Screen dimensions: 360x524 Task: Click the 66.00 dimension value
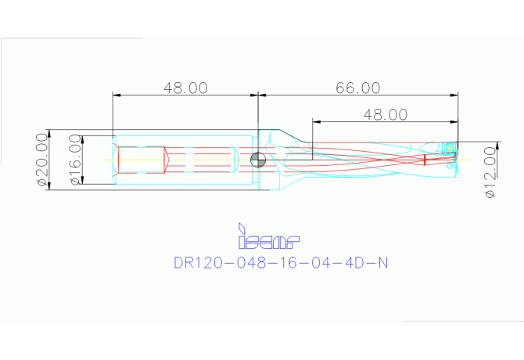pyautogui.click(x=358, y=88)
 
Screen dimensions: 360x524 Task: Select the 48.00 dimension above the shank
pyautogui.click(x=185, y=88)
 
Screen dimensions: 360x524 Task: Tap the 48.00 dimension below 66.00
pyautogui.click(x=385, y=114)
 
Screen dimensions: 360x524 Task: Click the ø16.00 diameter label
pyautogui.click(x=75, y=160)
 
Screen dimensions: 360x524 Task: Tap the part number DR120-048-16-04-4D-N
pyautogui.click(x=279, y=264)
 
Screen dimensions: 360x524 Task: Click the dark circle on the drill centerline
pyautogui.click(x=257, y=160)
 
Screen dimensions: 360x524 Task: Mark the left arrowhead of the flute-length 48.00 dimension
pyautogui.click(x=316, y=121)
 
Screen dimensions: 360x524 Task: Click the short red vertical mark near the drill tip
pyautogui.click(x=425, y=160)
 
